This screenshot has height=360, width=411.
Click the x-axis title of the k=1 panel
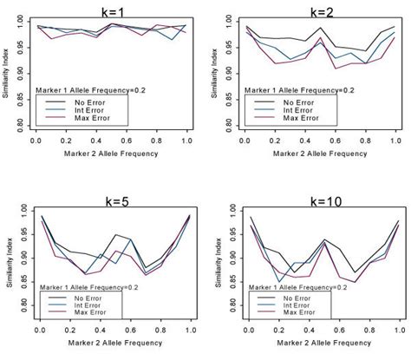click(110, 156)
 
